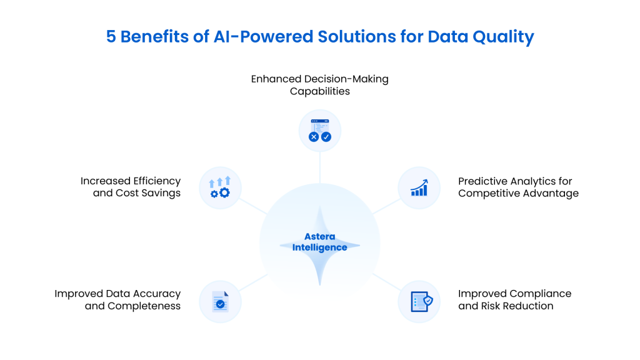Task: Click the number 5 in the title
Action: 111,37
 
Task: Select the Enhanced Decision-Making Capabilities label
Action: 319,85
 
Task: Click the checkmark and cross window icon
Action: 320,131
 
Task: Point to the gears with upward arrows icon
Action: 220,187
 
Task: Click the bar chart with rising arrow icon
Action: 419,187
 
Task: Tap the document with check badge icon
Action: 220,301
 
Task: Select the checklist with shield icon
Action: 419,301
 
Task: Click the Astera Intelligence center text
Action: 319,242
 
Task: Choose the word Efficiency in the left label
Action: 157,181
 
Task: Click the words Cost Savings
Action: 148,193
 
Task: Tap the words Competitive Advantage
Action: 518,193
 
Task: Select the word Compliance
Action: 540,294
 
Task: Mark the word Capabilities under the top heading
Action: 319,91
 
